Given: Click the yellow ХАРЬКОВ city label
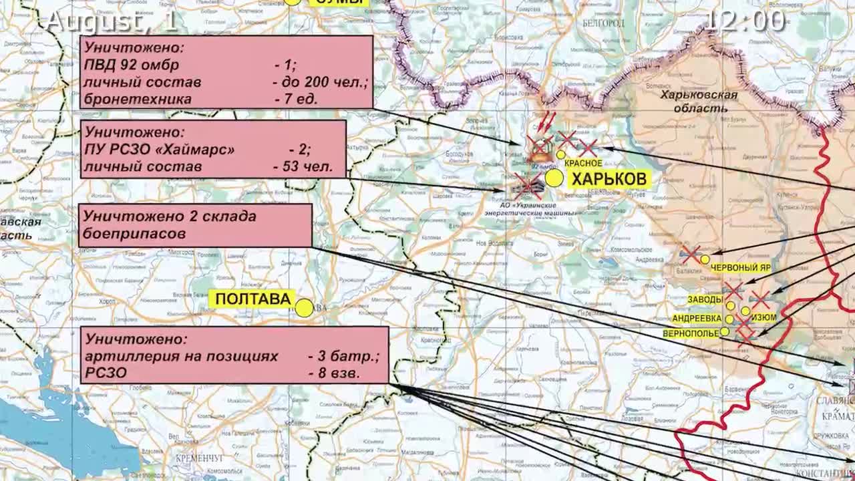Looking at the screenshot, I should (609, 178).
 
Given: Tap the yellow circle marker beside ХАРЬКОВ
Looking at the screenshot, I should (554, 178).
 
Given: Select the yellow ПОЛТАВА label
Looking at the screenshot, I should (252, 299).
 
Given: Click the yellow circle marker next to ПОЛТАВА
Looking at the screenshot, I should (304, 308).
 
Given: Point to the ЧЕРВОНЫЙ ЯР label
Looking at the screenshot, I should (740, 267).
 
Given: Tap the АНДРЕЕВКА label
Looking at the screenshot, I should (697, 319).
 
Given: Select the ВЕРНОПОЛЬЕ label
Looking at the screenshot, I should (691, 333).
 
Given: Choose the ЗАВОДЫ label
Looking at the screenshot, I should (705, 299).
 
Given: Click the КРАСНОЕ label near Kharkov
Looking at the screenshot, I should (583, 163).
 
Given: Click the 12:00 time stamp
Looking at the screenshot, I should (745, 20).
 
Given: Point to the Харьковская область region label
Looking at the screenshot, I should (699, 102).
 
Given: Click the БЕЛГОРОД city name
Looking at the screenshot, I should (603, 23).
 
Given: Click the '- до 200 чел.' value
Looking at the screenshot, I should (320, 83).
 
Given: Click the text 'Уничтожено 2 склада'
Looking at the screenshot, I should (170, 216).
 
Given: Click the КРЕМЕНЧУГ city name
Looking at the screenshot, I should (199, 458).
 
